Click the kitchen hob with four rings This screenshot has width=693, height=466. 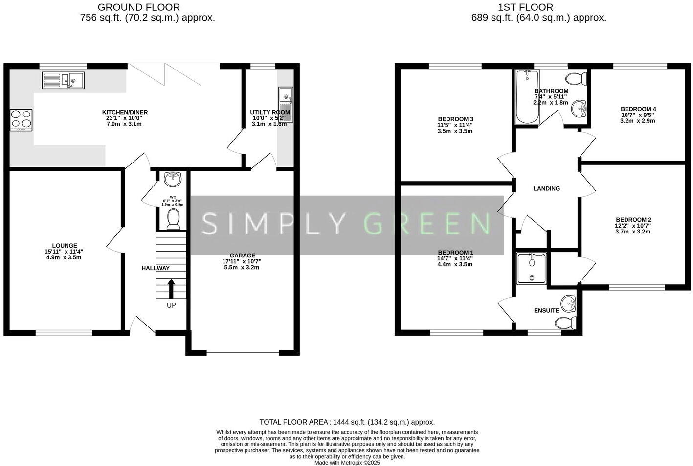[21, 119]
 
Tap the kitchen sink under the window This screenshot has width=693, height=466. [63, 80]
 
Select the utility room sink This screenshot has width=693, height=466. [285, 104]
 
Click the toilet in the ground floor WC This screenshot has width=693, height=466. [173, 218]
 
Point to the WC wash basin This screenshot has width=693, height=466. [173, 180]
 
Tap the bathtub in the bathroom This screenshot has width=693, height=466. [527, 97]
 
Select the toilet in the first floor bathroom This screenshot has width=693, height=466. [576, 78]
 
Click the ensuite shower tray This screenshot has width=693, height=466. [532, 268]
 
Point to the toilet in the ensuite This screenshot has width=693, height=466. [566, 323]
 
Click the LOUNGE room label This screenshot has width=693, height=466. [65, 246]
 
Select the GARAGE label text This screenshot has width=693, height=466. [243, 256]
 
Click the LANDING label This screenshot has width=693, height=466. [546, 188]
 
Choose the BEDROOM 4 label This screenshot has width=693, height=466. [638, 109]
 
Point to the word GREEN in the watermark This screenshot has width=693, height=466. [427, 224]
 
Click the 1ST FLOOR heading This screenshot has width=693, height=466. [525, 7]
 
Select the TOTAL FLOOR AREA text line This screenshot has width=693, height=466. [347, 422]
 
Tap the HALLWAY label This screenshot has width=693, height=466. [156, 268]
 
